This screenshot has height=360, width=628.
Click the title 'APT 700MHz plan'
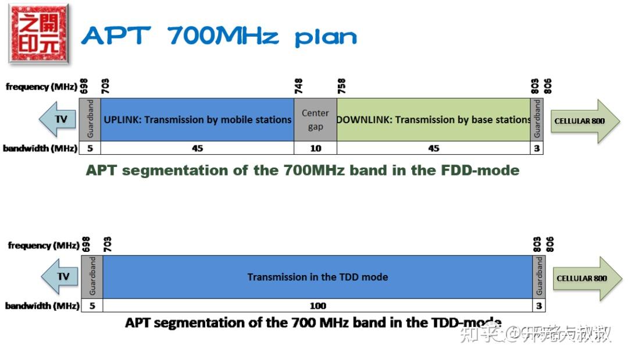click(219, 36)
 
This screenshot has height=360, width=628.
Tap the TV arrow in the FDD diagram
click(59, 119)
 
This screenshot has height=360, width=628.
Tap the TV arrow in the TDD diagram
click(60, 276)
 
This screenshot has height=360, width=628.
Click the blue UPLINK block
click(197, 120)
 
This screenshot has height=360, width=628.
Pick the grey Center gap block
click(315, 120)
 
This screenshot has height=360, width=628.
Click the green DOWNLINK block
click(433, 120)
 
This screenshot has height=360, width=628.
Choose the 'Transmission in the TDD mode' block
click(317, 277)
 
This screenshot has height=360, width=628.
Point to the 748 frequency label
click(299, 87)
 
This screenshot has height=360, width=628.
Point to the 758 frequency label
click(341, 87)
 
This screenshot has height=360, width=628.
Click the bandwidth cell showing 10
click(315, 148)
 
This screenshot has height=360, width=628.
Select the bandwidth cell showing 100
click(317, 305)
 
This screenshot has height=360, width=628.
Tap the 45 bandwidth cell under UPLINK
click(197, 148)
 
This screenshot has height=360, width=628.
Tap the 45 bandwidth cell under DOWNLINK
click(433, 148)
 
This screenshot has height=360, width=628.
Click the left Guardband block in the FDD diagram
click(90, 120)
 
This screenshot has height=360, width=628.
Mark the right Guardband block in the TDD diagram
click(538, 277)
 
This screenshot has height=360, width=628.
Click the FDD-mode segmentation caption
click(302, 170)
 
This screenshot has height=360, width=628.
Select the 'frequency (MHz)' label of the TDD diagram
click(44, 245)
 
